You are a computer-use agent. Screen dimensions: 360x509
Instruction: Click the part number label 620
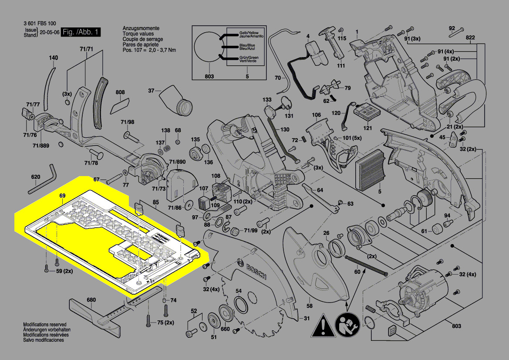35,177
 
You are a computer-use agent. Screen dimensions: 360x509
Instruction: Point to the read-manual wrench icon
347,325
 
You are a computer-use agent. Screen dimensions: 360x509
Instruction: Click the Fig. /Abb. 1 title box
81,32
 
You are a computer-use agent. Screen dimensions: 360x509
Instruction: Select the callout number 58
309,306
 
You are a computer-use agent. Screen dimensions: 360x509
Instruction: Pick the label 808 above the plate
120,92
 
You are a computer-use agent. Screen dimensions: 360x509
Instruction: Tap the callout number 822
470,38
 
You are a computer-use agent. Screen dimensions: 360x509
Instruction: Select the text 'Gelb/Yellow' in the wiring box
249,33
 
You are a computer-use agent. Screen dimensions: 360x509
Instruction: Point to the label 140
53,58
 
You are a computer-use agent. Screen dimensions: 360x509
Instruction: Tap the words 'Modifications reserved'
44,325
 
